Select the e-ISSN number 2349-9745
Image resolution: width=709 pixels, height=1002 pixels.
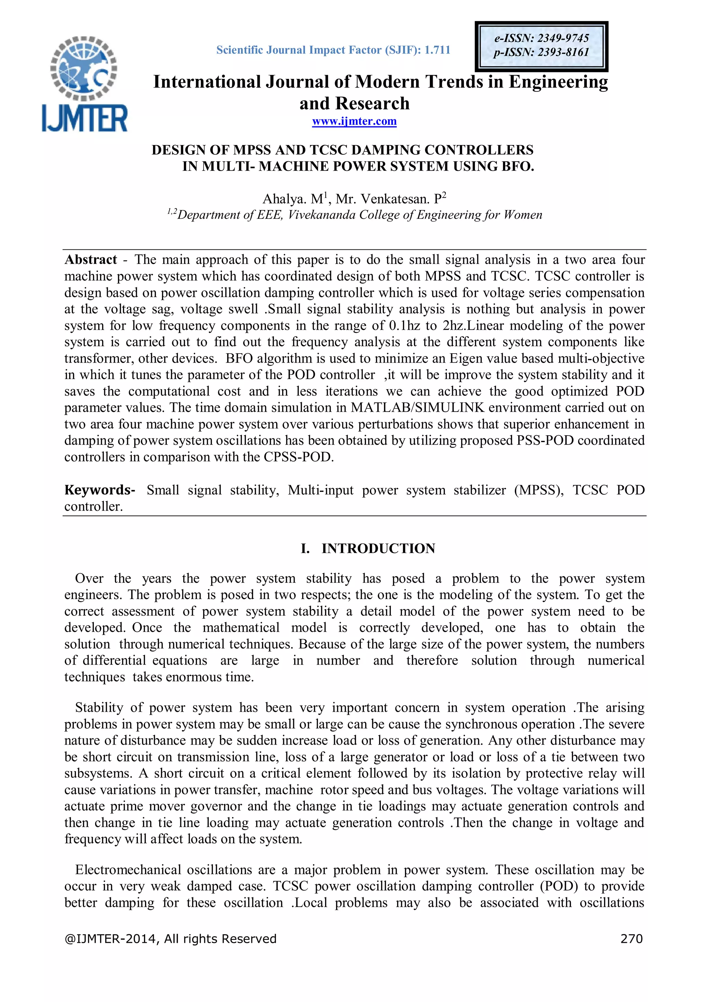(x=563, y=38)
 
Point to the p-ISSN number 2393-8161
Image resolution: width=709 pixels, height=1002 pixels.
(x=563, y=52)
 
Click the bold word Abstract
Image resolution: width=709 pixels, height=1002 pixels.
(x=91, y=259)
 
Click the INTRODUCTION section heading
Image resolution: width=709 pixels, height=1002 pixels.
(x=378, y=548)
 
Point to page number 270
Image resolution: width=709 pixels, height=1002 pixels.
(x=631, y=939)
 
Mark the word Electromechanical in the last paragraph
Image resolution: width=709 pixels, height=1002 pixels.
(x=127, y=870)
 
